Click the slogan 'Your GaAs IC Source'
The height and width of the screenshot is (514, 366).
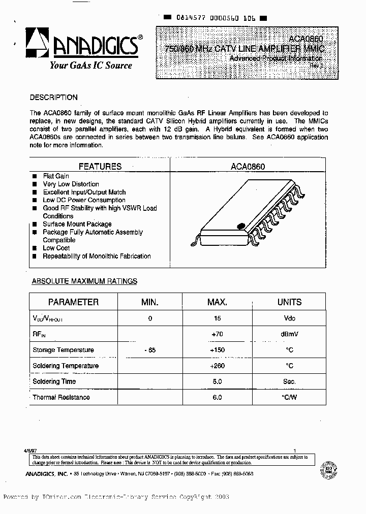pyautogui.click(x=90, y=65)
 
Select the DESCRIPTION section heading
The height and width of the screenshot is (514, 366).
pyautogui.click(x=53, y=98)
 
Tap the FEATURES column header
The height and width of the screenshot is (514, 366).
pyautogui.click(x=100, y=167)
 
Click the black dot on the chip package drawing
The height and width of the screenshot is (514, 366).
pyautogui.click(x=242, y=224)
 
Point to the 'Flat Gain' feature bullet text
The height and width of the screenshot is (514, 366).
pyautogui.click(x=56, y=176)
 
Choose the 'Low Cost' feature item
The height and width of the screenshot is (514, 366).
pyautogui.click(x=56, y=248)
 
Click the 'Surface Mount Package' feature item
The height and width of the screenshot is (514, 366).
pyautogui.click(x=77, y=224)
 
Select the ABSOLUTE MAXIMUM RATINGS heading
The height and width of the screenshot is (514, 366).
pyautogui.click(x=84, y=281)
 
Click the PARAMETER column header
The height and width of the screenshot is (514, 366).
pyautogui.click(x=73, y=302)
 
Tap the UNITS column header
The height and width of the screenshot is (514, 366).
pyautogui.click(x=289, y=302)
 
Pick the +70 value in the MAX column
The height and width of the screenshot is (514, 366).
pyautogui.click(x=217, y=334)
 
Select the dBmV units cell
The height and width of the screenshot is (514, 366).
pyautogui.click(x=289, y=334)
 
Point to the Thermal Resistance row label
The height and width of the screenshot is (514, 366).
pyautogui.click(x=61, y=397)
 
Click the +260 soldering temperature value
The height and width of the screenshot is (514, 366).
pyautogui.click(x=217, y=366)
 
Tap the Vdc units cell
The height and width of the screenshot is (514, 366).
pyautogui.click(x=289, y=318)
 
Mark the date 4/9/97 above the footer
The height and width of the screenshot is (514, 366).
pyautogui.click(x=30, y=450)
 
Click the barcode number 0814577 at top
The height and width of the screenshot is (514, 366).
pyautogui.click(x=191, y=17)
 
